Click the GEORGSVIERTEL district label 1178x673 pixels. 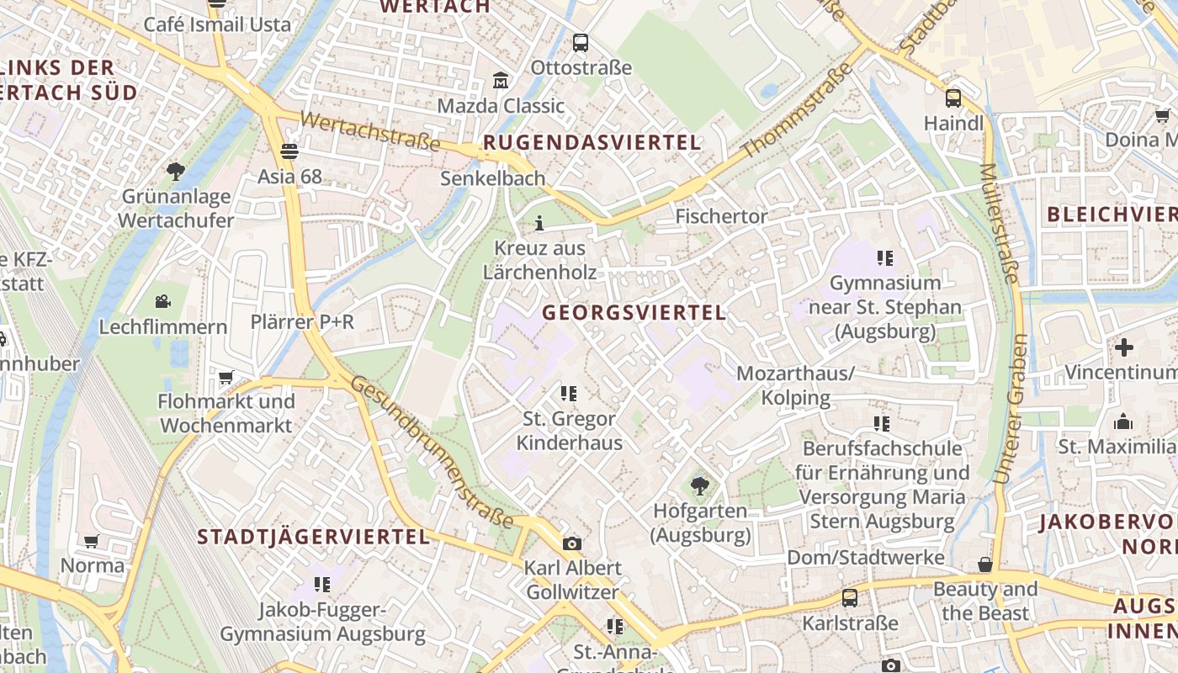[634, 313]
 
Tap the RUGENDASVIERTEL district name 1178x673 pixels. [592, 143]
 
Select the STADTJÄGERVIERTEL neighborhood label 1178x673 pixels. [314, 537]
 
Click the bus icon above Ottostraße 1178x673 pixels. [580, 42]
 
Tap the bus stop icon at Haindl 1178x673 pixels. [952, 98]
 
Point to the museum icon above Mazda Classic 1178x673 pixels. [501, 81]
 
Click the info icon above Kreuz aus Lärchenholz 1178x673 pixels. [539, 223]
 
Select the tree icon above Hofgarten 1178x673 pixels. [699, 485]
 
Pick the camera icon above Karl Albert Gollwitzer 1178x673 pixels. [572, 543]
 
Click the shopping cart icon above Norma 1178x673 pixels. [92, 541]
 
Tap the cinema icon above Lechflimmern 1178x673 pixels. [163, 301]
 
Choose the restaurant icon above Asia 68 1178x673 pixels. [289, 151]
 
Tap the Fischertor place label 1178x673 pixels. [721, 217]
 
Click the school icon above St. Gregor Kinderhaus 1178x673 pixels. [569, 393]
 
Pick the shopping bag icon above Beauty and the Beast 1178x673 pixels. [984, 564]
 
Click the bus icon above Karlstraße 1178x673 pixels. [850, 598]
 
